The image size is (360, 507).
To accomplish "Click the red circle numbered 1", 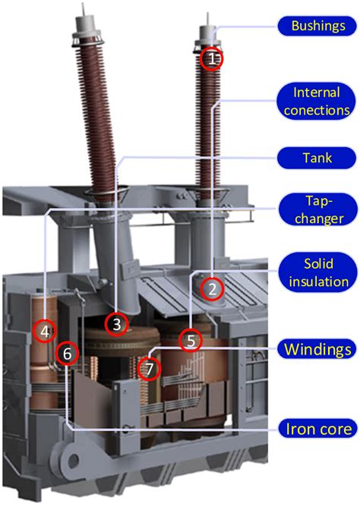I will pyautogui.click(x=213, y=58).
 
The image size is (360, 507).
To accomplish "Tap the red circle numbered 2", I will pyautogui.click(x=213, y=288).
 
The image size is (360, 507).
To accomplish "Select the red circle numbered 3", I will pyautogui.click(x=116, y=324).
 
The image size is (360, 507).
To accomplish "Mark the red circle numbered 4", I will pyautogui.click(x=45, y=331).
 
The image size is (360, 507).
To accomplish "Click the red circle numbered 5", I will pyautogui.click(x=191, y=341).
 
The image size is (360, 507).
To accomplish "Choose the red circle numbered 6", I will pyautogui.click(x=68, y=354).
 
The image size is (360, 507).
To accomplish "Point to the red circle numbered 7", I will pyautogui.click(x=150, y=369).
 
